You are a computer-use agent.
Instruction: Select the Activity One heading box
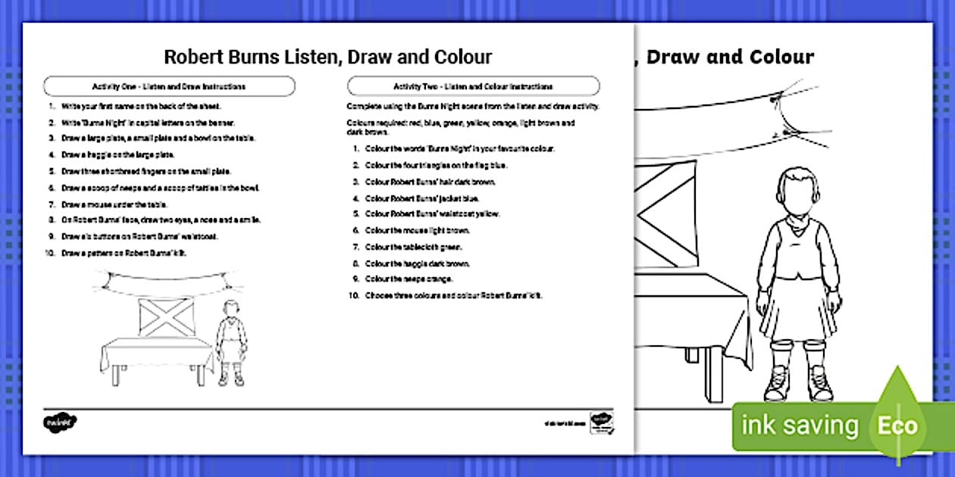[169, 86]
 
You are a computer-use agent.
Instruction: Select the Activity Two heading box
[473, 86]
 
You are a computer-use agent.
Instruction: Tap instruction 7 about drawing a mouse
[114, 204]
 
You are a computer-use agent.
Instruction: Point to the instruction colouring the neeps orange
[409, 279]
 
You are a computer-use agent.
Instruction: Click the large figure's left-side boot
[779, 382]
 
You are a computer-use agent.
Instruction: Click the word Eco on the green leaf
[897, 426]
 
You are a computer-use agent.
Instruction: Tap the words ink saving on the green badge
[799, 426]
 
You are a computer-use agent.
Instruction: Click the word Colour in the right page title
[781, 57]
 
